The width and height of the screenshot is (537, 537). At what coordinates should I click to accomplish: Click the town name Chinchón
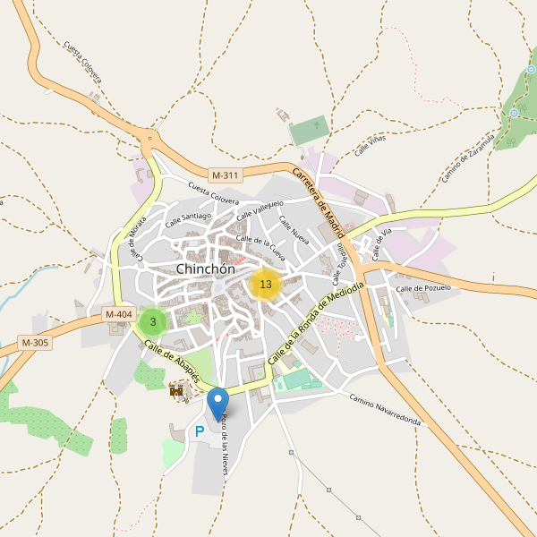pyautogui.click(x=206, y=269)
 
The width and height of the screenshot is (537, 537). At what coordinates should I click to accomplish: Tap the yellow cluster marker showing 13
pyautogui.click(x=265, y=285)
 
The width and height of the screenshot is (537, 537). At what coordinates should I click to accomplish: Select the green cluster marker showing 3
pyautogui.click(x=153, y=321)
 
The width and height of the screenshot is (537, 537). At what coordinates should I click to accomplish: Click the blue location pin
pyautogui.click(x=217, y=402)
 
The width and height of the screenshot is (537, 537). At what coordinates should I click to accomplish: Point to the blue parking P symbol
pyautogui.click(x=199, y=431)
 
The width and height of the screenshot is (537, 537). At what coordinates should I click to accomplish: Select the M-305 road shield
pyautogui.click(x=35, y=343)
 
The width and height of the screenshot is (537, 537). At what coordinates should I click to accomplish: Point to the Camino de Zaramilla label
pyautogui.click(x=468, y=158)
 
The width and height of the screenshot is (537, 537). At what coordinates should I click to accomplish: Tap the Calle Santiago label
pyautogui.click(x=187, y=217)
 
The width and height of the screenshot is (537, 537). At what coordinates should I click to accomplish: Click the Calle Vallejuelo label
pyautogui.click(x=260, y=210)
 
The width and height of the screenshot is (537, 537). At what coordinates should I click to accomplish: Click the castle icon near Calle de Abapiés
pyautogui.click(x=177, y=390)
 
